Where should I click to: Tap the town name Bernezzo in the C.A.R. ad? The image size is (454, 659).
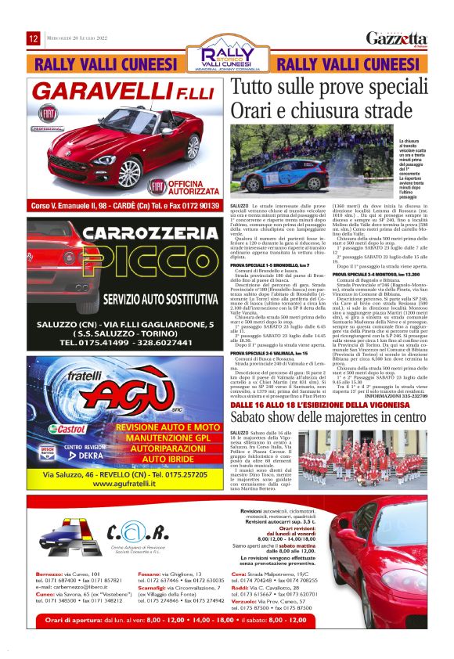(x=50, y=574)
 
